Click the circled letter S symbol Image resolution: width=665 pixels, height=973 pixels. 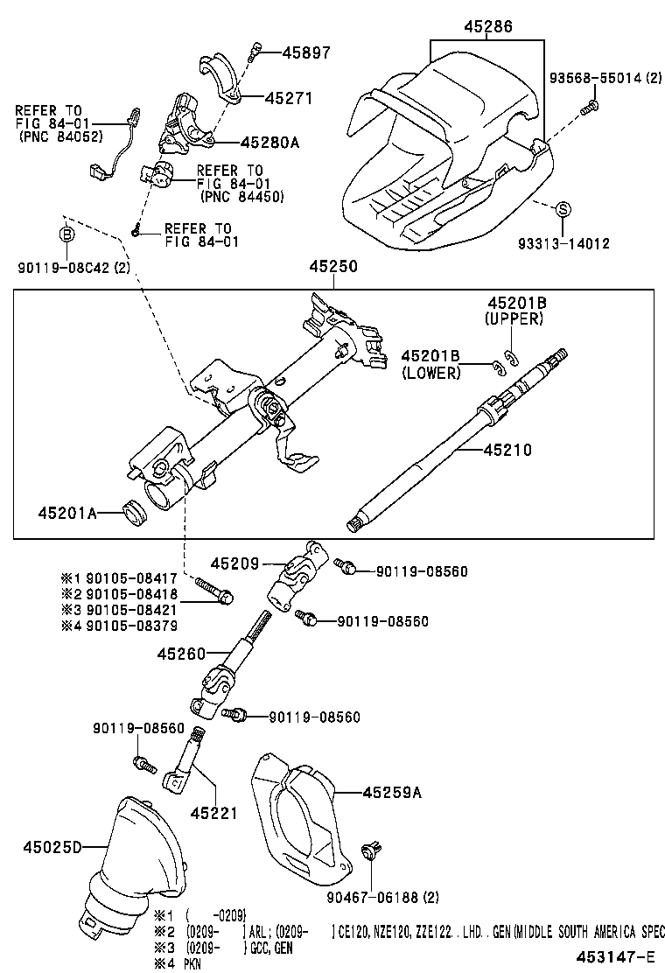click(563, 208)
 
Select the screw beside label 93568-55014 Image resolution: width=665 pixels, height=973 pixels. click(590, 108)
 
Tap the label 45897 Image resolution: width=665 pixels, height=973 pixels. click(306, 52)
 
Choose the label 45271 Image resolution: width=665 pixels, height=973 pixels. click(289, 99)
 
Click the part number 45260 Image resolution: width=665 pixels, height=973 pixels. click(181, 653)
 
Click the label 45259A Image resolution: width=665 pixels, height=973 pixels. click(392, 793)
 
